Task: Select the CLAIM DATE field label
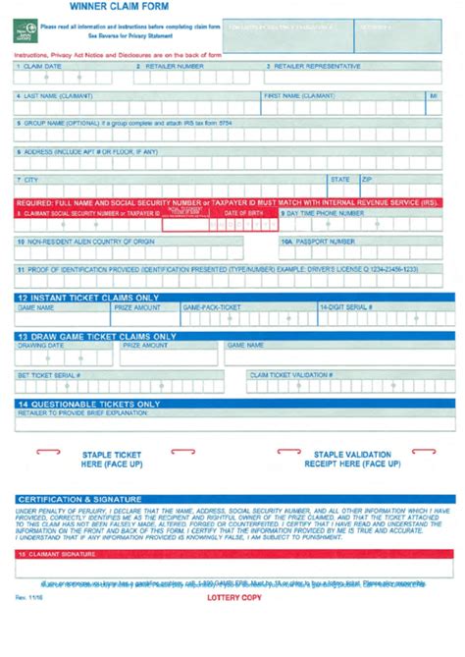tap(38, 66)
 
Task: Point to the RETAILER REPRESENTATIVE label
tap(314, 66)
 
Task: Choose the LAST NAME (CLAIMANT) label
tap(58, 96)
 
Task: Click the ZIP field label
tap(368, 180)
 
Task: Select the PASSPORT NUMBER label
tap(318, 241)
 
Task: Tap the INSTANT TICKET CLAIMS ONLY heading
tap(88, 297)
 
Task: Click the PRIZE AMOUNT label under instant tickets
tap(137, 307)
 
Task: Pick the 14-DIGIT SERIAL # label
tap(346, 307)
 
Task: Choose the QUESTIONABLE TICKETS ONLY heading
tap(88, 404)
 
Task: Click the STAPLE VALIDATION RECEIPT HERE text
tap(354, 460)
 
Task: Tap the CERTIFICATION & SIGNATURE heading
tap(79, 499)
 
